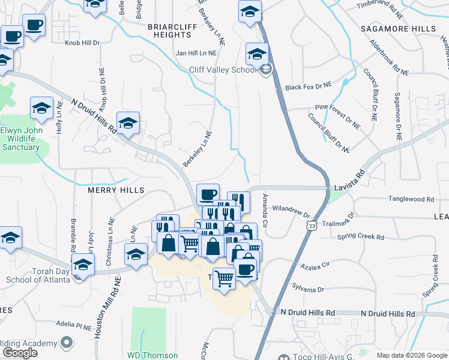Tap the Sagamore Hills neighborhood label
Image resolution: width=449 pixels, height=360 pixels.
click(398, 29)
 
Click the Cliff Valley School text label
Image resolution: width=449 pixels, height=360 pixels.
click(223, 70)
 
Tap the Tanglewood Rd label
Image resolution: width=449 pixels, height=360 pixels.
click(411, 199)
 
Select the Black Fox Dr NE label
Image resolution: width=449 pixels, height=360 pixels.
click(308, 87)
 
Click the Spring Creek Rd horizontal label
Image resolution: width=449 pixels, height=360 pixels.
click(360, 237)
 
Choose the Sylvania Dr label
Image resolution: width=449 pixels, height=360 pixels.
click(307, 289)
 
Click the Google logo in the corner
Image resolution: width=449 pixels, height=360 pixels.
click(20, 353)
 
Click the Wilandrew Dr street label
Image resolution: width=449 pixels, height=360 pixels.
click(290, 214)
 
